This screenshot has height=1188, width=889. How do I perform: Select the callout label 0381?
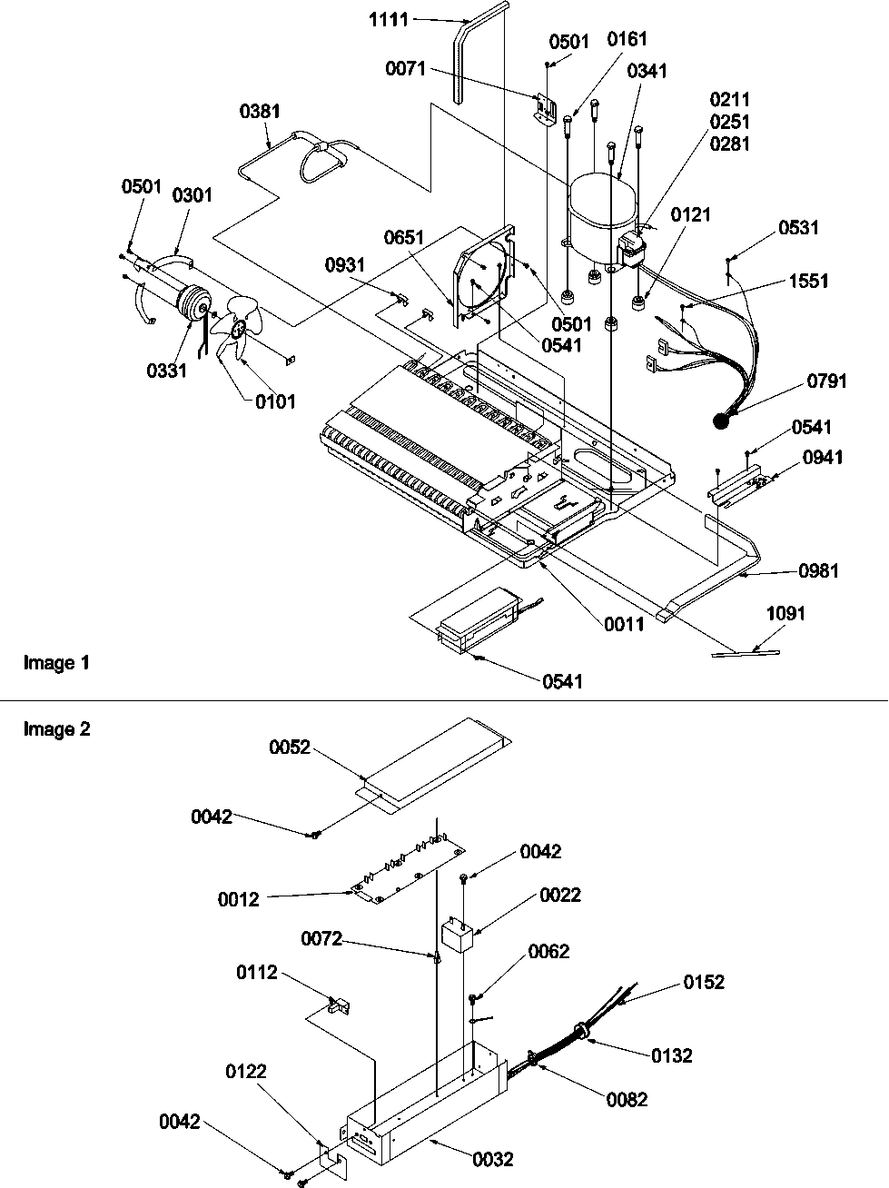coord(260,111)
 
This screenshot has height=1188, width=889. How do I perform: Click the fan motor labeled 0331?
coord(192,302)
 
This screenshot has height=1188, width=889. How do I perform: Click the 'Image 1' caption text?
coord(56,663)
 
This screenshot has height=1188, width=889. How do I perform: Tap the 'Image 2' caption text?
coord(56,728)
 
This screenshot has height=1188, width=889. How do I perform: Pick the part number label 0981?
coord(818,570)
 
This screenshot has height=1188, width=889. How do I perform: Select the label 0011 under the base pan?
coord(624,623)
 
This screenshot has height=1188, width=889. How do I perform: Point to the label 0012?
coord(238,899)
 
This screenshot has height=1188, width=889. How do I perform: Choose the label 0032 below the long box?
coord(492,1159)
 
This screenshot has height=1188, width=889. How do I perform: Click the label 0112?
coord(257,973)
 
